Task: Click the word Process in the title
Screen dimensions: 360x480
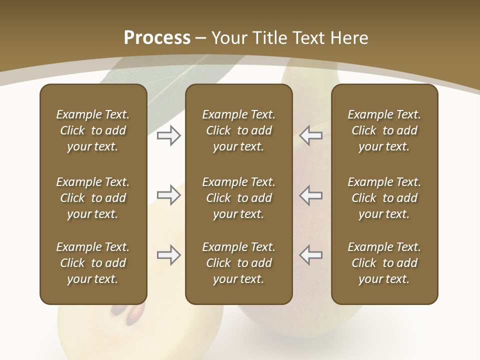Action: point(157,38)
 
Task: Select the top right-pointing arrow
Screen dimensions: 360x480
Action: point(169,135)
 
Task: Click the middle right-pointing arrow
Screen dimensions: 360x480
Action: point(169,195)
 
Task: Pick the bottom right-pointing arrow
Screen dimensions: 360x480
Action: point(169,255)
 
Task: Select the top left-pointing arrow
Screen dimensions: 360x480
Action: point(310,135)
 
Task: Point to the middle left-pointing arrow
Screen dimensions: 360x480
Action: point(310,195)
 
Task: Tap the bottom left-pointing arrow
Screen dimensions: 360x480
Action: point(310,255)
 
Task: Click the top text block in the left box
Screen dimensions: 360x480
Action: point(93,130)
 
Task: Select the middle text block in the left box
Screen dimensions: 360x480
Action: point(93,198)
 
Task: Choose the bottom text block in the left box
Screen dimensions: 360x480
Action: point(93,263)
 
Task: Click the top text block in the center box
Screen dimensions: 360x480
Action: point(239,130)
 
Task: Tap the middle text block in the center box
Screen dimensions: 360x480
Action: point(239,198)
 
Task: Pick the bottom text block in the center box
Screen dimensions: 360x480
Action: point(239,263)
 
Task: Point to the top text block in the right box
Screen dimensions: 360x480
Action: point(384,130)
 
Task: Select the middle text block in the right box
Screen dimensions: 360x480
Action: point(384,198)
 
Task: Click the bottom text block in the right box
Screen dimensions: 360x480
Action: point(384,263)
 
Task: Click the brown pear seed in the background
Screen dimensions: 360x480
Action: point(135,315)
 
